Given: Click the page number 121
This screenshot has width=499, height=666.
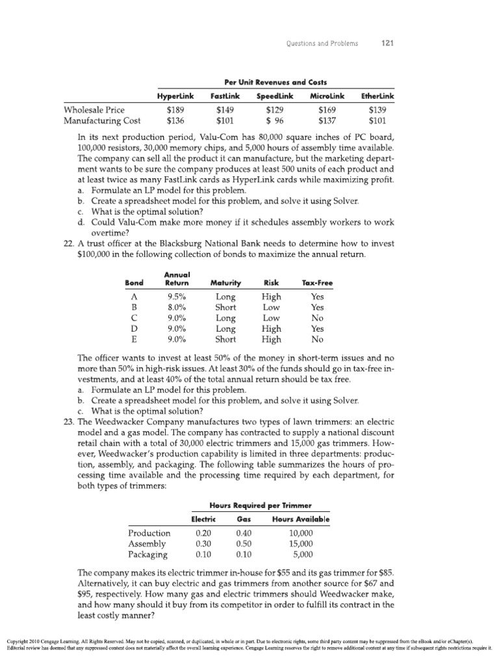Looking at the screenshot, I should click(388, 44).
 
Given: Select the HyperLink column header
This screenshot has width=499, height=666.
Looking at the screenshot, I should click(175, 96).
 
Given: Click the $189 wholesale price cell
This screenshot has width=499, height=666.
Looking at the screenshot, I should click(175, 109).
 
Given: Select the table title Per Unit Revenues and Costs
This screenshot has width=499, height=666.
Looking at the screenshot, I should click(275, 82).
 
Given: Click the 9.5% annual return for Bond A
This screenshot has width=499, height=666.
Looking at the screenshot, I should click(177, 296).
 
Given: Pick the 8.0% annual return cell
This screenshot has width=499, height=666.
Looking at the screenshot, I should click(177, 307).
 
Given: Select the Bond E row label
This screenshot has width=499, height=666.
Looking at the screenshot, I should click(133, 339).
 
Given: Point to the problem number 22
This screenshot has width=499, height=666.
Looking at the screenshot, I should click(70, 243).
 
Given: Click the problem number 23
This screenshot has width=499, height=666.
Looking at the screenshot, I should click(70, 422).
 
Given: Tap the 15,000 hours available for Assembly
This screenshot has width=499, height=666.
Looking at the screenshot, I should click(301, 544).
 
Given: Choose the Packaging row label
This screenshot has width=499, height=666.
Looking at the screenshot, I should click(148, 555).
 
